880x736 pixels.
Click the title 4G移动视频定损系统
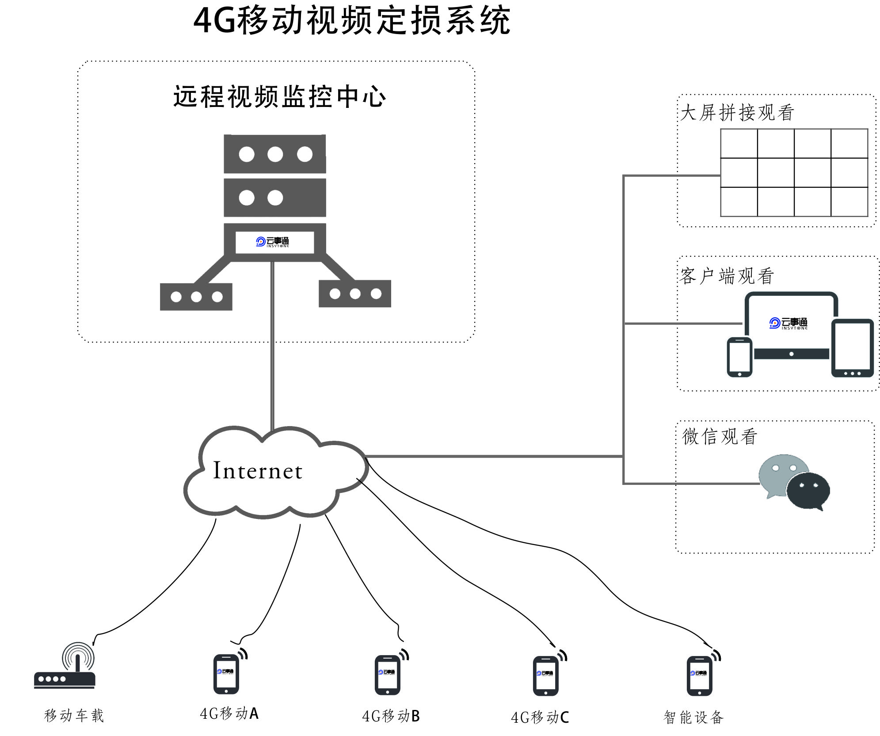pos(352,20)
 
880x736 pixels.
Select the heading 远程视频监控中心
pos(279,96)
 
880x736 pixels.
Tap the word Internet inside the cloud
pos(258,470)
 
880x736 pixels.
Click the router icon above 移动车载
pos(65,667)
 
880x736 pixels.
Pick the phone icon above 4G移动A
pos(226,674)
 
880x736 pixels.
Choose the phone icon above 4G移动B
pos(388,675)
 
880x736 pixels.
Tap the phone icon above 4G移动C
pos(546,676)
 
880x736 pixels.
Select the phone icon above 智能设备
pos(700,676)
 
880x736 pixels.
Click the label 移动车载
pos(74,715)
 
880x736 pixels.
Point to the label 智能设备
pos(693,717)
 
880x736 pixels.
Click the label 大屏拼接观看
pos(737,113)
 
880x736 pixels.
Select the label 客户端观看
pos(727,276)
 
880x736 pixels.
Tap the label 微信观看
pos(720,436)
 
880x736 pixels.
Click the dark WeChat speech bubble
pos(808,490)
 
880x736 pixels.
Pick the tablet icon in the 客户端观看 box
pos(852,348)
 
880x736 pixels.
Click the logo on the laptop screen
pos(789,323)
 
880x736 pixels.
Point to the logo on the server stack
pos(273,241)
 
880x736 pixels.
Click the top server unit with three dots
pos(275,154)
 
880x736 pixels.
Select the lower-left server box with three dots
pos(196,297)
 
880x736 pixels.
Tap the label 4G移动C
pos(540,717)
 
